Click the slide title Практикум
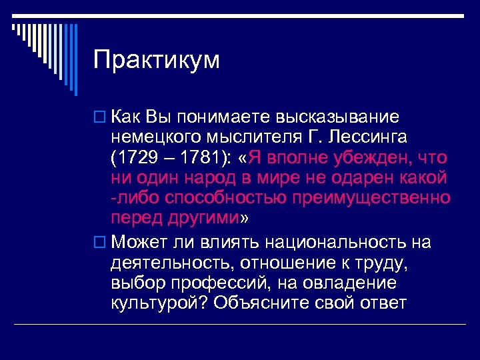[157, 60]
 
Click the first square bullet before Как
[101, 118]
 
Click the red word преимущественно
[379, 198]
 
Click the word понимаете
[226, 117]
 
